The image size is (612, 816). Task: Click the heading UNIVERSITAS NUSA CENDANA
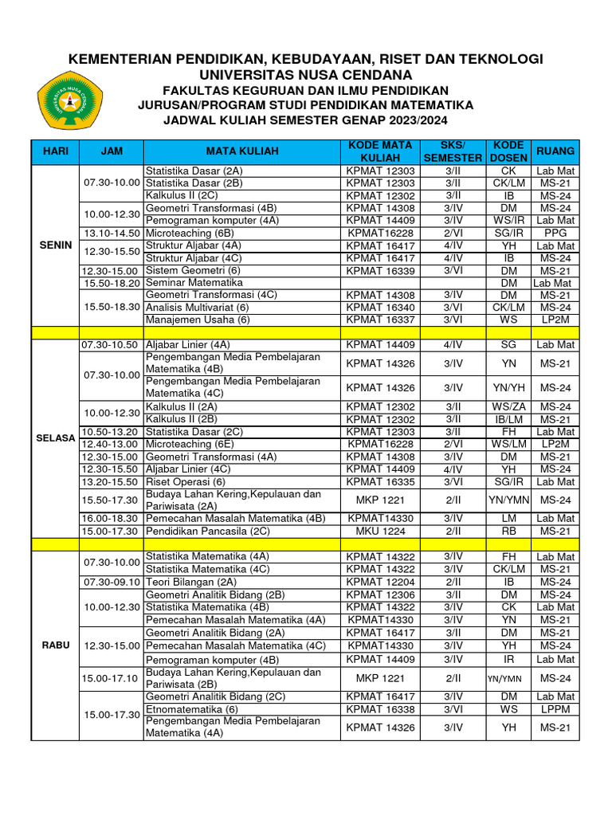tap(306, 74)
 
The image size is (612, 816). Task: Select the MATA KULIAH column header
tap(241, 151)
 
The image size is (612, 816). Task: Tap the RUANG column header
tap(555, 151)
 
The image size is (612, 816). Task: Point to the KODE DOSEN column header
tap(508, 151)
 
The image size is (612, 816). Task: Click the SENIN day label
tap(56, 245)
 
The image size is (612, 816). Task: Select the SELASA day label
tap(56, 437)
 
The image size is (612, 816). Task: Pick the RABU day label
tap(56, 645)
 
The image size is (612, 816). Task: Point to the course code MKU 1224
tap(380, 531)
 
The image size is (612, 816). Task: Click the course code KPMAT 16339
tap(380, 271)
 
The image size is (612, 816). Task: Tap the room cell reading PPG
tap(555, 233)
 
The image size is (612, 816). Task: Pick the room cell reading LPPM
tap(555, 708)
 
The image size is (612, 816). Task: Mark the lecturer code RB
tap(508, 531)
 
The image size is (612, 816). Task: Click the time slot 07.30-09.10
tap(110, 582)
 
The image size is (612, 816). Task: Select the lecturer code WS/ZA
tap(508, 406)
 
